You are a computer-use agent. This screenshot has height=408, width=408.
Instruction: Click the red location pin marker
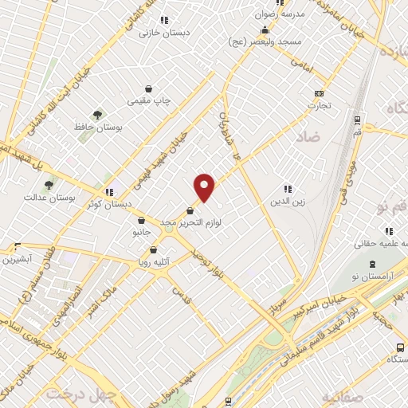point(205,186)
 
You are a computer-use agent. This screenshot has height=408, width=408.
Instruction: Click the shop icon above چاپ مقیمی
point(149,89)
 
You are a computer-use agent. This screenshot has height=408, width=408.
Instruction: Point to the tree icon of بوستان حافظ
point(97,115)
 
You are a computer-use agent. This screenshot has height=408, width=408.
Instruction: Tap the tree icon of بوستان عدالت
point(49,185)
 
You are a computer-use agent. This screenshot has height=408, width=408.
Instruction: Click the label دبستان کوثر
point(104,203)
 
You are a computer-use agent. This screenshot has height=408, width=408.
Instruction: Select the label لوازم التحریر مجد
point(191,223)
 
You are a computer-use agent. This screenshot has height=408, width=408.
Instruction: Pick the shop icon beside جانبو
point(141,221)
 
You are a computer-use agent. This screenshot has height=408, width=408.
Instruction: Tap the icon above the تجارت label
point(320,93)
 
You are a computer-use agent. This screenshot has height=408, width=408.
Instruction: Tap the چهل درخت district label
point(81,394)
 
